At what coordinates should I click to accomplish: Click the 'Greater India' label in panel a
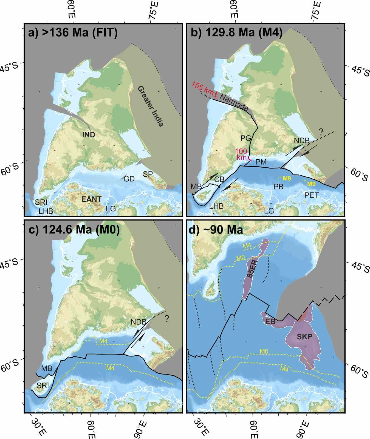(151, 106)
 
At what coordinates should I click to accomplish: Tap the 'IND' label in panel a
(89, 135)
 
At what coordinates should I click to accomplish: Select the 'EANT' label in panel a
(91, 199)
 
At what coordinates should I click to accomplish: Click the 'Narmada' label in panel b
(234, 102)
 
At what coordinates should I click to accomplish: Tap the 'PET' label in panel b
(312, 195)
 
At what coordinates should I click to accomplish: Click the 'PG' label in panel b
(245, 138)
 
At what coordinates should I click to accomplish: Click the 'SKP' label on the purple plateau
(304, 336)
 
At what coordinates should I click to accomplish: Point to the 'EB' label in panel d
(270, 321)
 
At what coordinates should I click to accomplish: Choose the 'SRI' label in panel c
(43, 385)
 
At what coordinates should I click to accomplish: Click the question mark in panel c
(167, 319)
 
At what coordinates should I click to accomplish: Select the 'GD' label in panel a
(129, 179)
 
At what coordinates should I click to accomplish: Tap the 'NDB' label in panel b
(301, 141)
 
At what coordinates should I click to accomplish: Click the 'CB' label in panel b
(219, 179)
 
